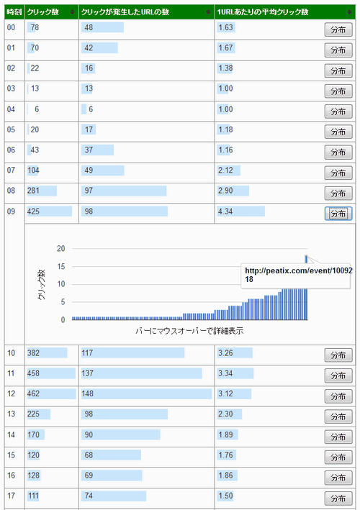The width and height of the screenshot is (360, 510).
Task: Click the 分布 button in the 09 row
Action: pos(338,214)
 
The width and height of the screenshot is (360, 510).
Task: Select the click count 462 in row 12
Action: pos(33,393)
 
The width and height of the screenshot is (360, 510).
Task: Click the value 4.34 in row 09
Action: pos(225,211)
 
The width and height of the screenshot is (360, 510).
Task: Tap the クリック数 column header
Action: pos(43,12)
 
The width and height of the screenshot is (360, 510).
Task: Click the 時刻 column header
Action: pos(14,12)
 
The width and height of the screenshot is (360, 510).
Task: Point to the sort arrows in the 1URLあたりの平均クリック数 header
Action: pos(349,12)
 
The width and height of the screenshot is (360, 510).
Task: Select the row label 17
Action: pos(11,496)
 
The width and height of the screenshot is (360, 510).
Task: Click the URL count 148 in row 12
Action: pos(87,393)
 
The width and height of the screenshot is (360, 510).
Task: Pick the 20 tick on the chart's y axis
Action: pos(61,248)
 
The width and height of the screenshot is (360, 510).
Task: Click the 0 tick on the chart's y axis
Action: pos(63,320)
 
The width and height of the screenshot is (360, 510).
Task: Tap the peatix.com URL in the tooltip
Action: pos(299,270)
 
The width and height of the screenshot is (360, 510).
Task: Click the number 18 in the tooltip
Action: pos(249,279)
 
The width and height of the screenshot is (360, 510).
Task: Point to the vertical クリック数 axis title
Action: pos(41,285)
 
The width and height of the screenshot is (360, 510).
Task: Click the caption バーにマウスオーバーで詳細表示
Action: pos(189,331)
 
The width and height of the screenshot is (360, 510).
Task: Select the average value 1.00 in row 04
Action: pos(225,109)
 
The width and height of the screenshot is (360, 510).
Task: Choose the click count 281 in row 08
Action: pos(33,191)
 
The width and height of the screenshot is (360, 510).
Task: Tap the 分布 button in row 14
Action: pos(338,437)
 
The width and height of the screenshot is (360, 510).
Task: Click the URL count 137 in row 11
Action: pos(87,373)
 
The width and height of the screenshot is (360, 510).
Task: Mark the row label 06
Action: pos(11,150)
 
